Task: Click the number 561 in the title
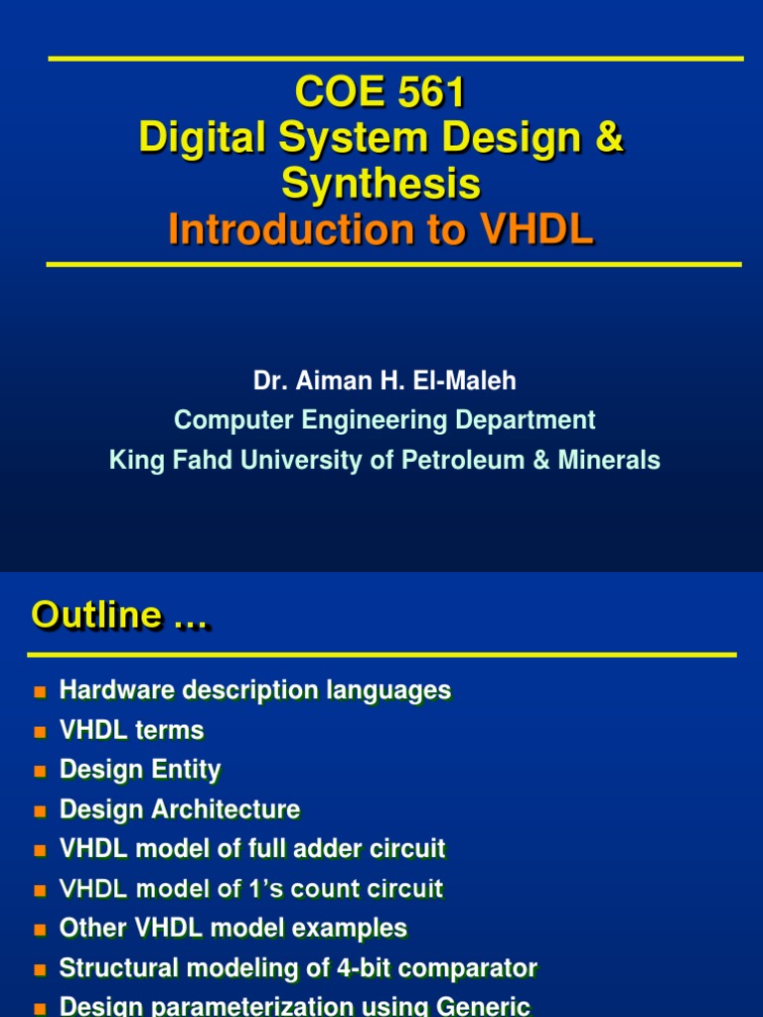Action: coord(427,93)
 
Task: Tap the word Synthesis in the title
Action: coord(381,184)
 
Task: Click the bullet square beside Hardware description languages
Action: coord(41,691)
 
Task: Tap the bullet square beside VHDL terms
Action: coord(41,732)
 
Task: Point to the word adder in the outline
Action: coord(287,849)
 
